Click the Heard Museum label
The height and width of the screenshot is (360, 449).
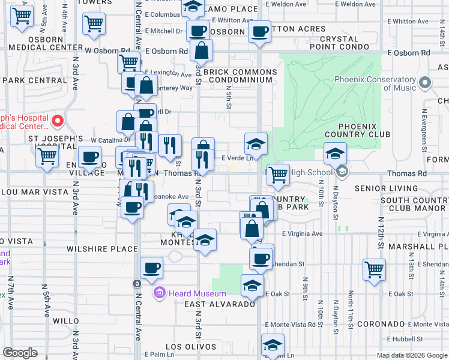coord(197,293)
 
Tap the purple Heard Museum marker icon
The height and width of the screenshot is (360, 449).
coord(159,293)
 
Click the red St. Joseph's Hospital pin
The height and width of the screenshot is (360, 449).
coord(58,121)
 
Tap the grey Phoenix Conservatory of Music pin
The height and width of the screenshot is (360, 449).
coord(426,83)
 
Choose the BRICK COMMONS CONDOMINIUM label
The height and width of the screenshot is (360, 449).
coord(240,76)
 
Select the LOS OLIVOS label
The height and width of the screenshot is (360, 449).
coord(190,347)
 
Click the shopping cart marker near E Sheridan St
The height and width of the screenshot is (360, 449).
coord(374,269)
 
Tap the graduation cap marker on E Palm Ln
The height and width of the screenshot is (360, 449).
coord(273,345)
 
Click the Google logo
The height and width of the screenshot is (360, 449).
coord(20,353)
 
